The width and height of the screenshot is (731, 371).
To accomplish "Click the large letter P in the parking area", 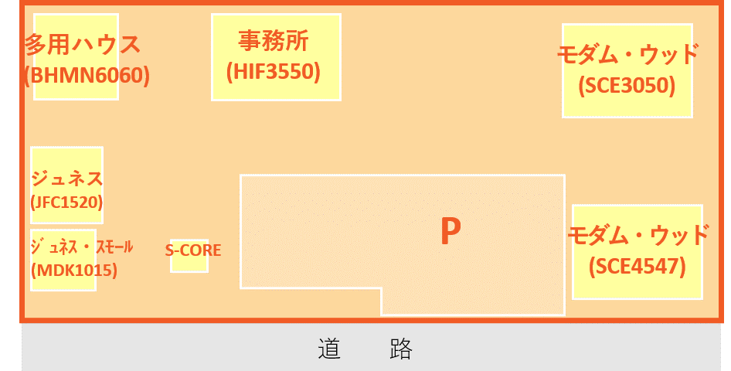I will coord(450,232).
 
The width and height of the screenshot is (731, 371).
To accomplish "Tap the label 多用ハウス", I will coord(83,45).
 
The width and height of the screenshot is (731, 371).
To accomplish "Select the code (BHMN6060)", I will coord(87,76).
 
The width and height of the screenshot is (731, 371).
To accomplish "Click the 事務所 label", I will coord(277,40).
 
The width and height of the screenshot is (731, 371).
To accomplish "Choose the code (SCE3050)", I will coord(627,86).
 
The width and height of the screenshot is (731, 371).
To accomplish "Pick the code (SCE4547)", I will coord(637,267).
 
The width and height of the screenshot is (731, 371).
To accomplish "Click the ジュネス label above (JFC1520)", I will coord(66,179).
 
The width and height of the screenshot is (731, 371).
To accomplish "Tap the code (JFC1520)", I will coord(66,203).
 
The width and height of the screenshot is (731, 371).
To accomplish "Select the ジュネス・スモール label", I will coord(81,247).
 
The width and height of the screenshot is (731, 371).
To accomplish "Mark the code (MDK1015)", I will coord(73,271).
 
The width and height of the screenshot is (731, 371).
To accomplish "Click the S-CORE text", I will coord(193,250).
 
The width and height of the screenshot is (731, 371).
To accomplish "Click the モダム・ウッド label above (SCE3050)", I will coord(627,54).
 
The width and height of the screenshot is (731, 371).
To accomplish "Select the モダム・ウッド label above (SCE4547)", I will coord(637,234).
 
